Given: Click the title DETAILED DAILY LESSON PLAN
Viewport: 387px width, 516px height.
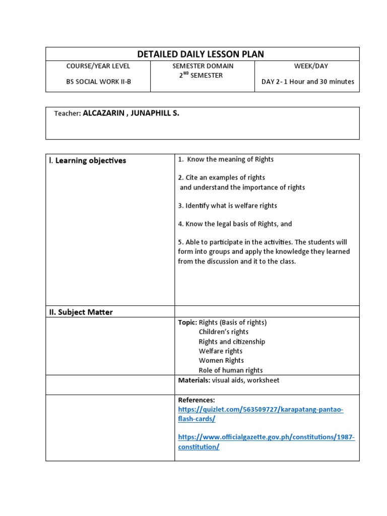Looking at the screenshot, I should [x=201, y=54].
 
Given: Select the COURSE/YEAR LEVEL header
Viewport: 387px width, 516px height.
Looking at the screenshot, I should [x=98, y=66].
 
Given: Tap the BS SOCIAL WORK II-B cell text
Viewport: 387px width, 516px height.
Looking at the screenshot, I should [x=98, y=82].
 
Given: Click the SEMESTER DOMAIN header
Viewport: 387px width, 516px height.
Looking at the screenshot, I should [x=203, y=66].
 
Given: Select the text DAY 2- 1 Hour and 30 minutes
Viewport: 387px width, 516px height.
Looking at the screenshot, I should [x=307, y=82].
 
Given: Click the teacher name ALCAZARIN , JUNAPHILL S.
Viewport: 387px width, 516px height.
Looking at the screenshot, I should [x=131, y=113].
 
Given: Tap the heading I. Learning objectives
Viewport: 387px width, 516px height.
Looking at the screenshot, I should [x=88, y=161].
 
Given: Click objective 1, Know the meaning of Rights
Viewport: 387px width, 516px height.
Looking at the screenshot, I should [x=226, y=159].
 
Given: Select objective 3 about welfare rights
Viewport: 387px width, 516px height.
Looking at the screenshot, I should [x=227, y=206].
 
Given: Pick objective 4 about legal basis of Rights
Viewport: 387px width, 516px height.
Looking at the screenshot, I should [x=235, y=224].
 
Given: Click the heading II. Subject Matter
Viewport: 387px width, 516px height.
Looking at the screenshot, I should [x=81, y=312].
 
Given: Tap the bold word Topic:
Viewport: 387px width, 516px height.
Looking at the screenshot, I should [x=187, y=322].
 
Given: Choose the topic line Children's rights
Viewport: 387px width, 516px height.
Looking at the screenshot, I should [x=224, y=332].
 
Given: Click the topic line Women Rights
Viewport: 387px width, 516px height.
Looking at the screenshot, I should [x=221, y=361].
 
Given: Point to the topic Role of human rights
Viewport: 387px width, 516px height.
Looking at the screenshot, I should [x=231, y=370].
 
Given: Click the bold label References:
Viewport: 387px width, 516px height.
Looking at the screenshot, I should [x=197, y=400].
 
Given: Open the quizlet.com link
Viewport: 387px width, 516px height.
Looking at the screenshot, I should [x=261, y=410].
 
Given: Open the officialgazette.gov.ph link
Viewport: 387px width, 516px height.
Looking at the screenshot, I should [x=266, y=437].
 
